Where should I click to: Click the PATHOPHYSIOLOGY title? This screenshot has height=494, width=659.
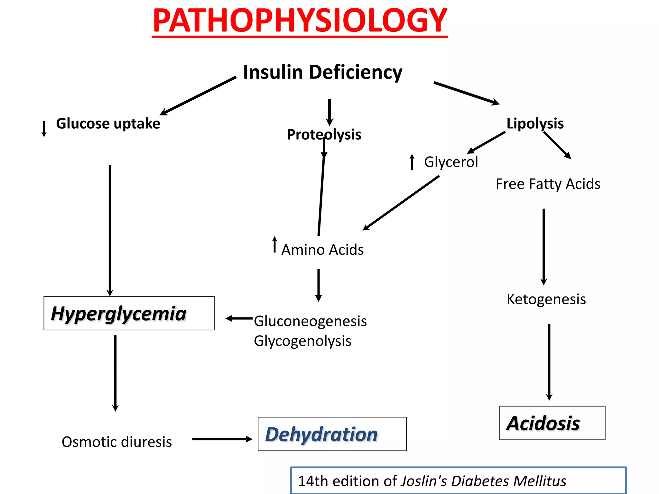300,21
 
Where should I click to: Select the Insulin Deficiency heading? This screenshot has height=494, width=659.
322,72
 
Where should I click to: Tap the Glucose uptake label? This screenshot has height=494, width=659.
108,123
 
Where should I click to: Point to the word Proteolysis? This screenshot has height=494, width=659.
324,134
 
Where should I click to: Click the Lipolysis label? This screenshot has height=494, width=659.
535,123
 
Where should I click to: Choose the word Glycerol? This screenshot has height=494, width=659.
451,162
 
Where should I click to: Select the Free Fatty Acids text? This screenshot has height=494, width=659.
548,184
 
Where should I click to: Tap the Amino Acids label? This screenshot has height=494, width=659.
322,250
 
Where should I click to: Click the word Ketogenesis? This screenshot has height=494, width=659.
546,299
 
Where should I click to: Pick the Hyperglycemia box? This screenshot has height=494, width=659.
129,313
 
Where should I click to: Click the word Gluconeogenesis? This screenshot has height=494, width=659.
310,321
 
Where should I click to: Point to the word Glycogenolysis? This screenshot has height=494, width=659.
302,341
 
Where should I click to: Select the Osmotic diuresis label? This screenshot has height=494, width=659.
116,442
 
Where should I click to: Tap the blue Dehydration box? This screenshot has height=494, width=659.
332,434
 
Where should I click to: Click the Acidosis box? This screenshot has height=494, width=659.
552,423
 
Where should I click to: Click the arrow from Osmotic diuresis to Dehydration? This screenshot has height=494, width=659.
222,439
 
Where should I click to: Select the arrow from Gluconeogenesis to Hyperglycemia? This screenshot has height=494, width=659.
239,318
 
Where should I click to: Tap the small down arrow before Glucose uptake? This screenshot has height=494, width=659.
44,129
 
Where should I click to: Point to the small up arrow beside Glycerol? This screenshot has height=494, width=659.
412,162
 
